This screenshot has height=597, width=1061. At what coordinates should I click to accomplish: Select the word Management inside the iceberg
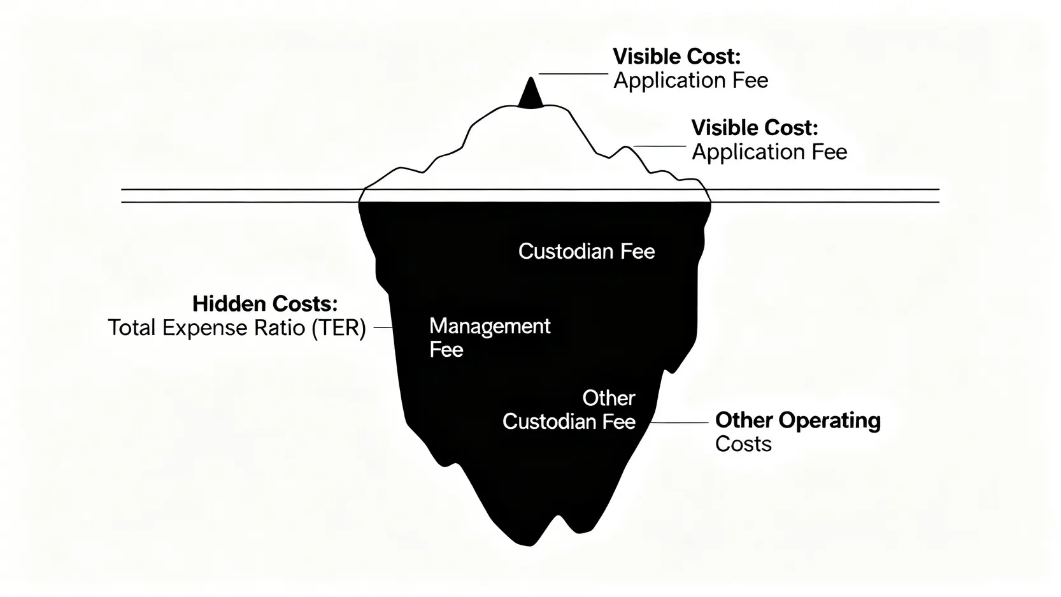[490, 326]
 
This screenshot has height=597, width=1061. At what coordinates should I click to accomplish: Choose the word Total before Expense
[132, 328]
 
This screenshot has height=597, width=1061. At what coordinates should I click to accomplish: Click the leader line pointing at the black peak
[573, 74]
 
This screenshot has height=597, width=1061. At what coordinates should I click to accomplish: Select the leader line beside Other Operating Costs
[678, 422]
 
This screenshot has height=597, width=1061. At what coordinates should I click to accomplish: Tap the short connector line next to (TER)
[382, 327]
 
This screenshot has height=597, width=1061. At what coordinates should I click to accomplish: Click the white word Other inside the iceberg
[609, 398]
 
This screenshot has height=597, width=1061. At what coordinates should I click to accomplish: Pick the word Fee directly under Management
[446, 350]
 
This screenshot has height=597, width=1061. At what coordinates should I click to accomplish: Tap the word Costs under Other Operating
[743, 444]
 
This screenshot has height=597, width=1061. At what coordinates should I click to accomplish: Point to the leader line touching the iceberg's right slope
[659, 147]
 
